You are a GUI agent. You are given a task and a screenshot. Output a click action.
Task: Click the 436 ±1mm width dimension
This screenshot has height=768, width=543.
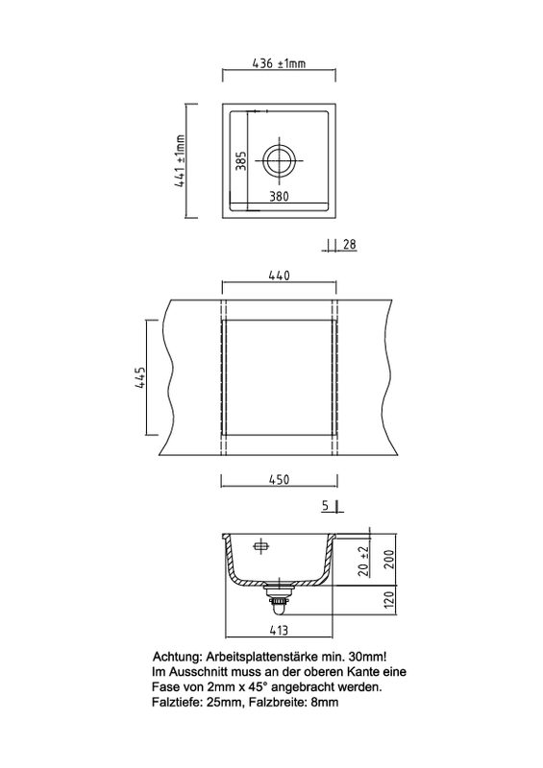[x=279, y=63]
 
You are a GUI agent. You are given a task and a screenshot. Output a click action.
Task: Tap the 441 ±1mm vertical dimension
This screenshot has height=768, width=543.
[x=180, y=161]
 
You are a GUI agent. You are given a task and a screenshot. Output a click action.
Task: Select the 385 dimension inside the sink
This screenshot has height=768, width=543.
[x=241, y=160]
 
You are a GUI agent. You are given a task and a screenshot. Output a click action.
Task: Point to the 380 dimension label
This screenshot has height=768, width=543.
[x=279, y=197]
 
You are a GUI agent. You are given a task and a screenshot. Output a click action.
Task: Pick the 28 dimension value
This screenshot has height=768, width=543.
[x=349, y=244]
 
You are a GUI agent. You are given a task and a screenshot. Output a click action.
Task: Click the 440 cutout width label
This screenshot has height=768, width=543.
[x=279, y=276]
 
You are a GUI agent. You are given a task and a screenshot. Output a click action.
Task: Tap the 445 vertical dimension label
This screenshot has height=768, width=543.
[x=140, y=377]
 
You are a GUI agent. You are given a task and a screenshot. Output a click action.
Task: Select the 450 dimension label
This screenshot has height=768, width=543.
[x=279, y=479]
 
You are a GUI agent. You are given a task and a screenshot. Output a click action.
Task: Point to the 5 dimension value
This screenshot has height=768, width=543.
[x=326, y=506]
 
